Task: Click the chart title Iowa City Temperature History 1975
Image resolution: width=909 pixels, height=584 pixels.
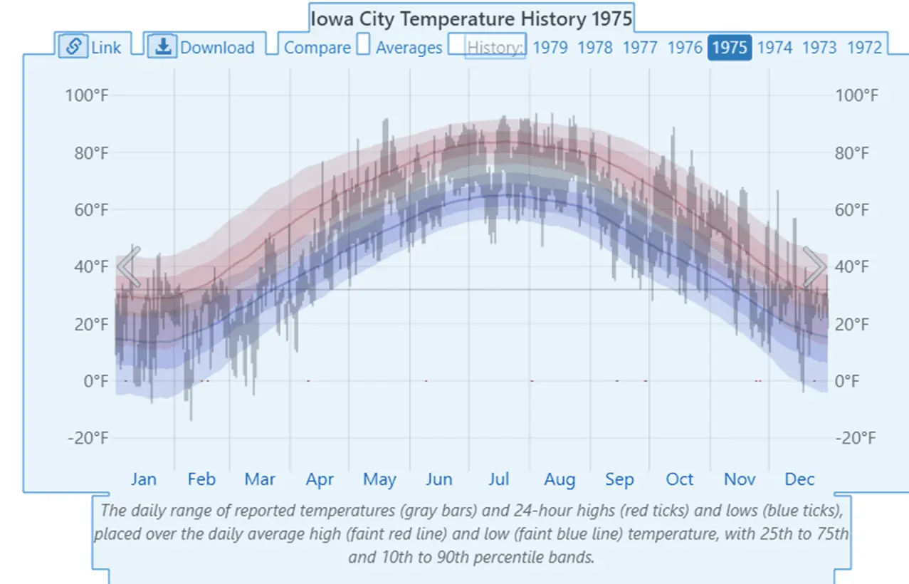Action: [x=471, y=18]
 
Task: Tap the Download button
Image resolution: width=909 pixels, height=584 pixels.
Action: [x=201, y=47]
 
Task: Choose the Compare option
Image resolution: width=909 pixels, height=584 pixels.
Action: [x=317, y=48]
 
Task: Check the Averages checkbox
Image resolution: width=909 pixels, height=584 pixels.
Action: [x=364, y=46]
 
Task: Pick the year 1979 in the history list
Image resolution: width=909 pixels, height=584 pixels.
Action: [x=550, y=48]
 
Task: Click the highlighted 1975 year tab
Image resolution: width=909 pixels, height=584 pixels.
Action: [x=730, y=48]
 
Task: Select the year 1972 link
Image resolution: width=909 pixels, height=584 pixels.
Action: [x=864, y=48]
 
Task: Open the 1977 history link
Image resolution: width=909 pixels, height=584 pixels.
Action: [x=640, y=48]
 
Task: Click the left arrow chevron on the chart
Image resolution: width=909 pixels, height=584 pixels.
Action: [x=129, y=267]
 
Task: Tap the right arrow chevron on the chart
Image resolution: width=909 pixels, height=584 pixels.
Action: [x=814, y=267]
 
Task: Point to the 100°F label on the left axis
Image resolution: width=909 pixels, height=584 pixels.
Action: [x=87, y=95]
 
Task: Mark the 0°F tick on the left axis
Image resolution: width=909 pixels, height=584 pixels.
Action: [x=96, y=381]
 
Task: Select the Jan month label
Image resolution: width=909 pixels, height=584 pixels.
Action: [x=143, y=479]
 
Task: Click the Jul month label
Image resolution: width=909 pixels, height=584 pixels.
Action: [x=498, y=479]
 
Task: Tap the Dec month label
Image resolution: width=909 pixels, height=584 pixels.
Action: [x=799, y=479]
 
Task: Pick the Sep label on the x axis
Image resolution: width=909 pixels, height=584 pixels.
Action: [x=619, y=479]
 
